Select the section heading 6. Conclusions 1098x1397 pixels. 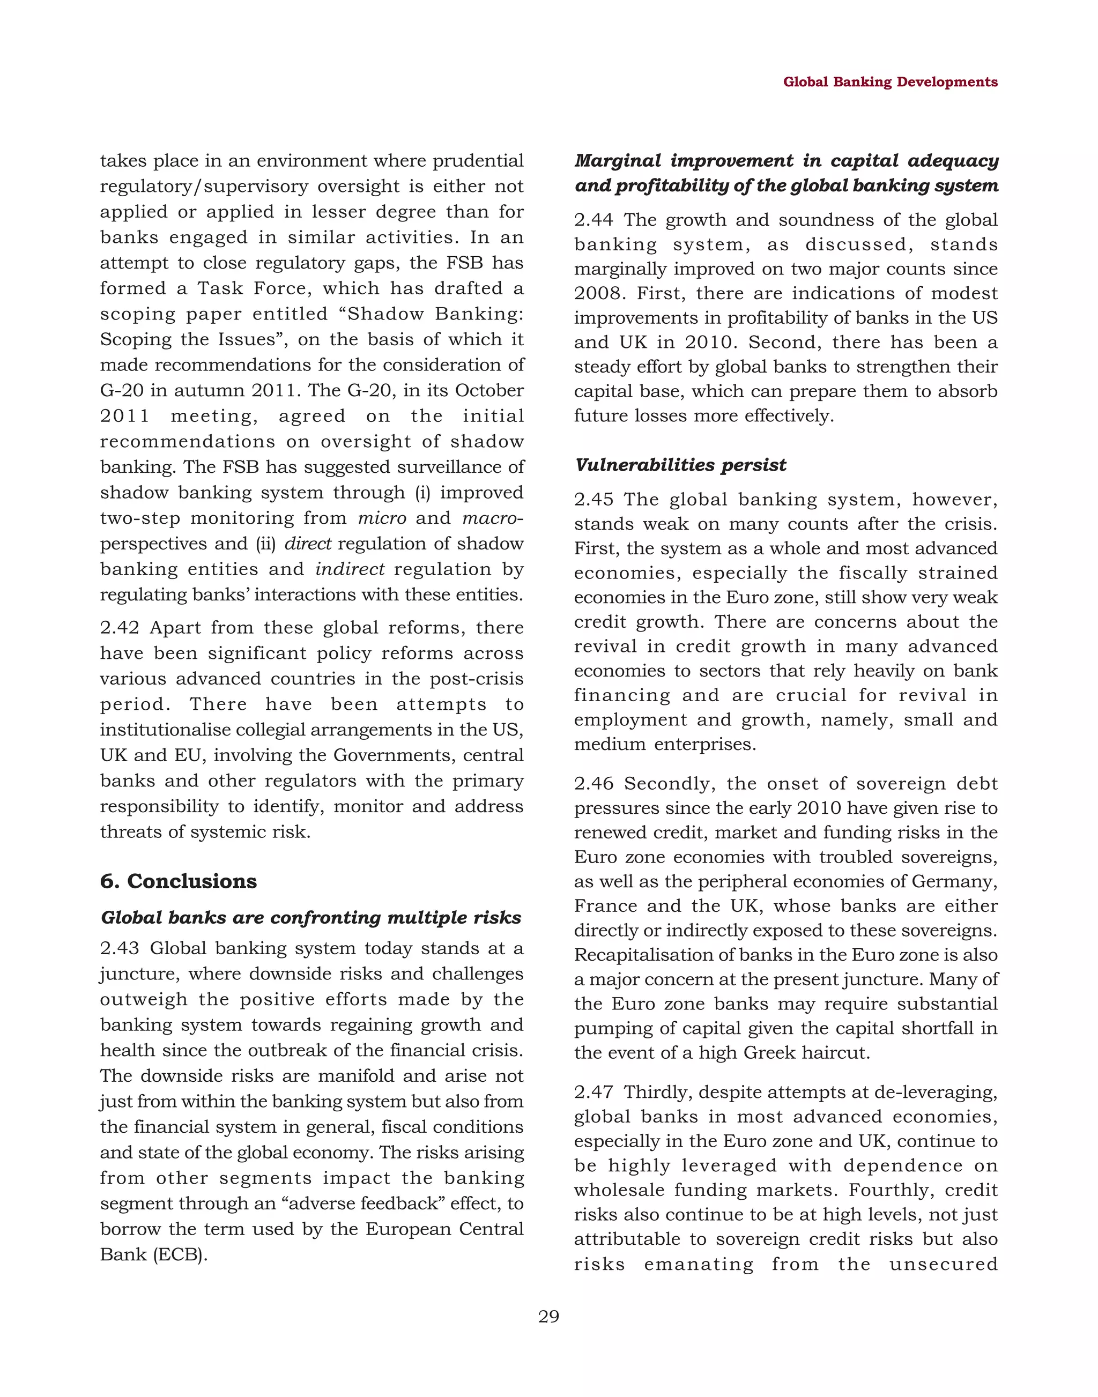pyautogui.click(x=178, y=881)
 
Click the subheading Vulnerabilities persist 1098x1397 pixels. pyautogui.click(x=680, y=465)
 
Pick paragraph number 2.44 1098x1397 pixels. pyautogui.click(x=593, y=220)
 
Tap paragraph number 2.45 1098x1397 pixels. pyautogui.click(x=593, y=500)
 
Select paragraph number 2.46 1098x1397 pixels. pyautogui.click(x=593, y=784)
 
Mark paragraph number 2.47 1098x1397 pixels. pyautogui.click(x=593, y=1093)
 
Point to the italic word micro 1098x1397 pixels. pyautogui.click(x=382, y=518)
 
